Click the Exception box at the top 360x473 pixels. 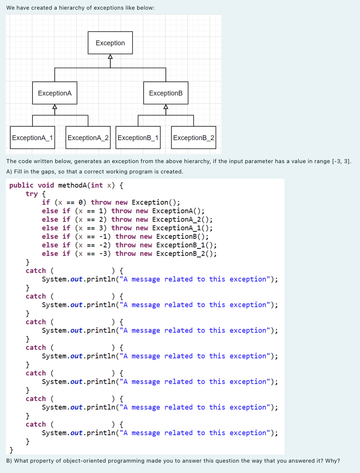click(x=110, y=43)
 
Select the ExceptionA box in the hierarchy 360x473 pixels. click(x=55, y=93)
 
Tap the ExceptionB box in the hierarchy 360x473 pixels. click(x=166, y=93)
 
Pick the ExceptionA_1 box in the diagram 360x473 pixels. click(x=32, y=138)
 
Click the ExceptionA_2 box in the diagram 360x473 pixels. click(x=88, y=138)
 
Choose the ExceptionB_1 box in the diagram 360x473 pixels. click(x=138, y=138)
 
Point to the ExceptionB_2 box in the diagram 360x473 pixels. click(x=193, y=138)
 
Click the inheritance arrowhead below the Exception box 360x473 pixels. click(x=110, y=57)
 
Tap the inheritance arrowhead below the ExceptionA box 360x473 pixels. click(x=55, y=107)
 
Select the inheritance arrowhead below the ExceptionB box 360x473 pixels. click(x=166, y=107)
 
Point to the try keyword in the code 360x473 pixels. click(x=31, y=194)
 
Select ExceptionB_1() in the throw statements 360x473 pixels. click(x=186, y=245)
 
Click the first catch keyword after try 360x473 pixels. click(x=36, y=271)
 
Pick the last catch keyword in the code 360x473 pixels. click(x=36, y=424)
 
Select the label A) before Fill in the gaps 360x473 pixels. click(x=9, y=172)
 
